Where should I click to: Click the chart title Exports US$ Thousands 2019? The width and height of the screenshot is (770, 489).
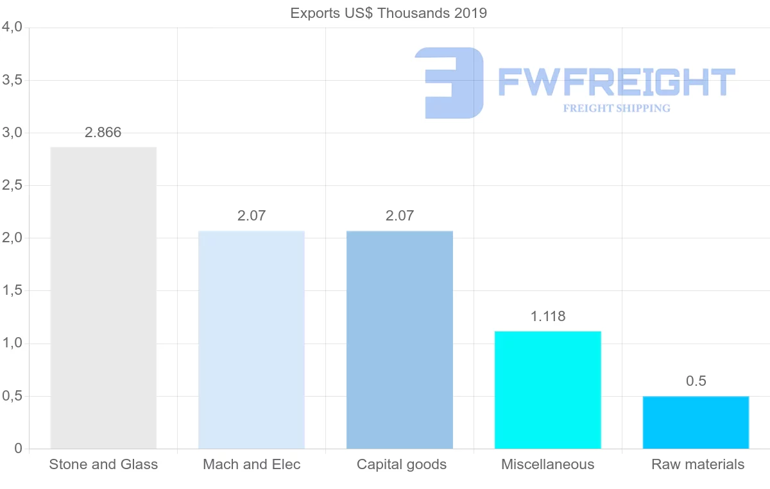point(388,13)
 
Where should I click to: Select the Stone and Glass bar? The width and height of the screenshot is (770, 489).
point(103,298)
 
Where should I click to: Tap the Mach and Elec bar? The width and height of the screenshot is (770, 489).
point(252,340)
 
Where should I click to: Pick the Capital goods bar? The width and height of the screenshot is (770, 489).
point(400,340)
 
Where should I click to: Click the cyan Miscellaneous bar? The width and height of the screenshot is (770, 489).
point(548,390)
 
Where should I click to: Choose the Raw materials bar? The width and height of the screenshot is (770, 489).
point(696,422)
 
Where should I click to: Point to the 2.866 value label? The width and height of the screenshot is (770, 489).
point(103,133)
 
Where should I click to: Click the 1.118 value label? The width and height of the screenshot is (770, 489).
point(548,316)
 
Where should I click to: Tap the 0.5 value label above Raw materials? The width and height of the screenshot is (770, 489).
point(696,381)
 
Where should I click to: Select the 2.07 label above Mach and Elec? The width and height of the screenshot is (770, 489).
point(252,215)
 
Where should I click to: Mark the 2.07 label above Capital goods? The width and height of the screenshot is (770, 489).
point(400,215)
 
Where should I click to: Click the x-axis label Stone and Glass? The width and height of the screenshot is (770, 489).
point(103,465)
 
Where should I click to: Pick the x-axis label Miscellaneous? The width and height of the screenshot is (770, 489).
point(548,465)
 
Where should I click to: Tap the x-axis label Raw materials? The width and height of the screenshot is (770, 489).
point(697,465)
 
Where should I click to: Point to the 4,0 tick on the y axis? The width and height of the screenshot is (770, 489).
point(12,28)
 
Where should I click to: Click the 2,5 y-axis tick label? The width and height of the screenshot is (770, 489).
point(12,185)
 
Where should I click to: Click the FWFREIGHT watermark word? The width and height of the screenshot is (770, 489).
point(616,82)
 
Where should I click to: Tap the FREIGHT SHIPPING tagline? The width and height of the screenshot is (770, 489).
point(617,108)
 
